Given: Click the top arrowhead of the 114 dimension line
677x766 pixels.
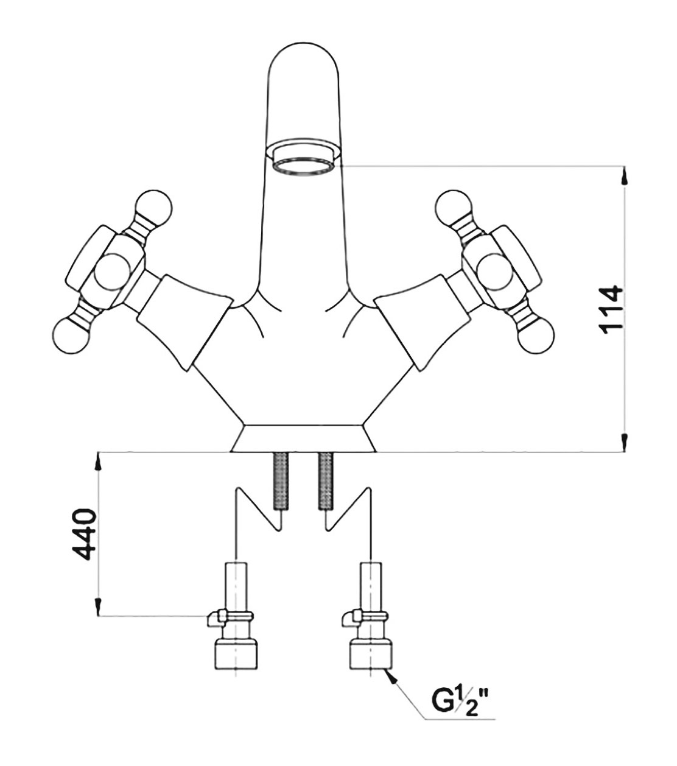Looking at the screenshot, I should click(x=625, y=177).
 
